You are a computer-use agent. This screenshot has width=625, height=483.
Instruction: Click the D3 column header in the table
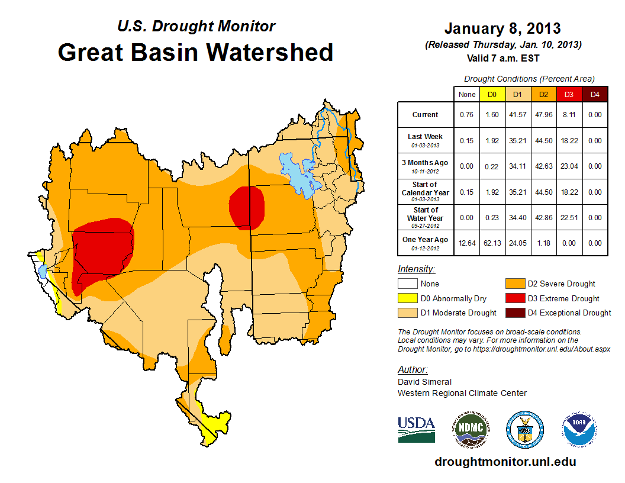click(x=569, y=94)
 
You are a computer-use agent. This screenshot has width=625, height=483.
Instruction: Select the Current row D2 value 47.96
click(x=544, y=115)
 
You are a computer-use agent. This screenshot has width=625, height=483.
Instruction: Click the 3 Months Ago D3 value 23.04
click(x=569, y=166)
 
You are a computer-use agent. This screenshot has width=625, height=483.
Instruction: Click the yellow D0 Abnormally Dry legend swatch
click(x=407, y=298)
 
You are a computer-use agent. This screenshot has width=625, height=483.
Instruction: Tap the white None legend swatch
click(x=407, y=284)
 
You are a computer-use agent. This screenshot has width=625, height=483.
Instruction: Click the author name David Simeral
click(x=425, y=382)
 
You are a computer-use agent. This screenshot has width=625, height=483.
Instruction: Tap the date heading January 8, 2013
click(x=502, y=28)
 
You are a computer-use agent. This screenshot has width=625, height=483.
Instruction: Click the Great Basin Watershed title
click(x=195, y=52)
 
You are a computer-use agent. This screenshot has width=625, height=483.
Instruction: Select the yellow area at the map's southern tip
click(x=214, y=425)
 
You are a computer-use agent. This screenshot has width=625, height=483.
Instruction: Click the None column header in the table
click(x=467, y=94)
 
